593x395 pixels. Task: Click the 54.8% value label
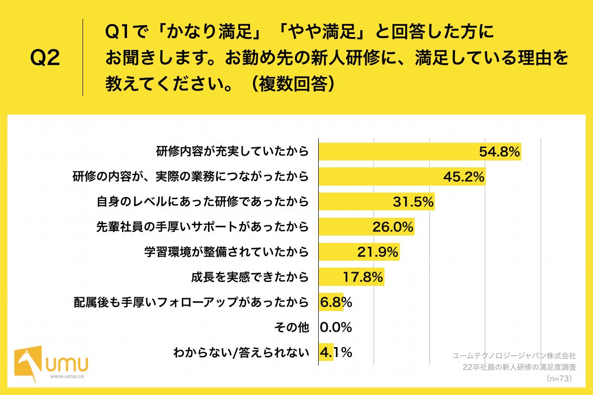tap(499, 152)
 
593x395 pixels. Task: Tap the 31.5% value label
tap(413, 202)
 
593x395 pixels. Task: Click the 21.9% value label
tap(378, 252)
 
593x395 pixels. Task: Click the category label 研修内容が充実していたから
tap(232, 152)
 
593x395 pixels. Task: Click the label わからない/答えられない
tap(241, 353)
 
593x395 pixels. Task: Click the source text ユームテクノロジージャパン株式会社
tap(514, 355)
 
